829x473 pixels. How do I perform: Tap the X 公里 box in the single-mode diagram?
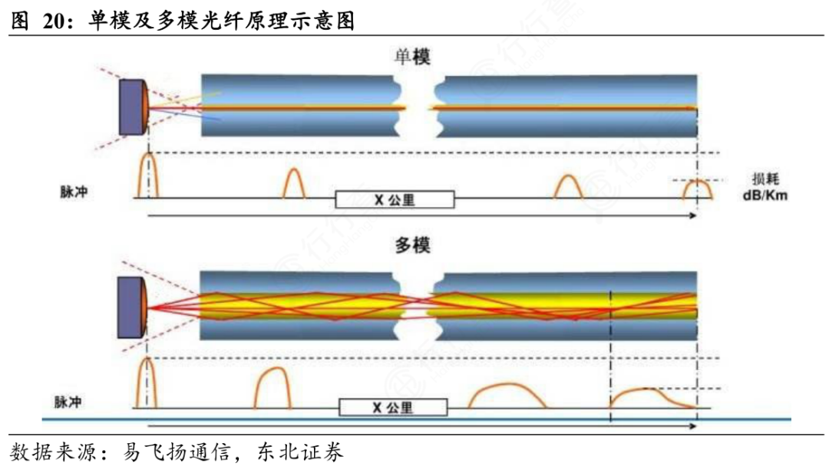(x=395, y=200)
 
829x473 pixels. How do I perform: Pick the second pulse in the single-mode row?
(x=295, y=185)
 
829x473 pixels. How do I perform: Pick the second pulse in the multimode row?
(x=273, y=389)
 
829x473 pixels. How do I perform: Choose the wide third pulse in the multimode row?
(x=507, y=396)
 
